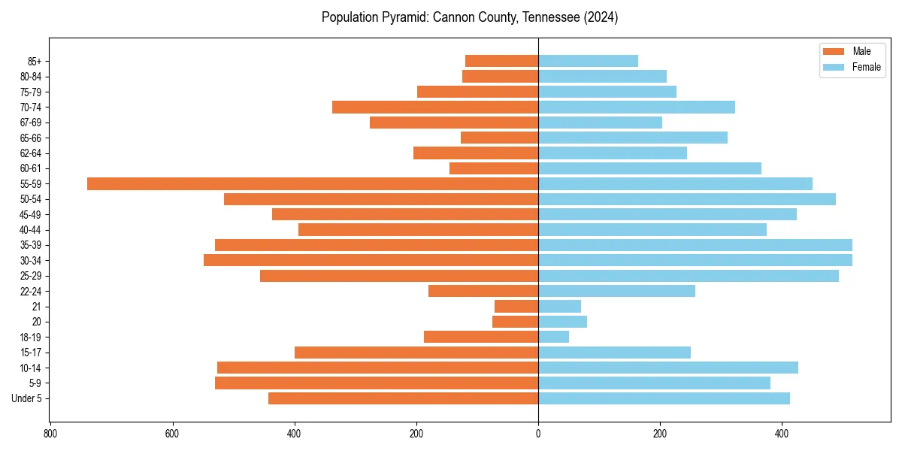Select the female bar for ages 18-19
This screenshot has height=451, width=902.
click(553, 337)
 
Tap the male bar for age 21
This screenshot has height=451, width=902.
click(516, 306)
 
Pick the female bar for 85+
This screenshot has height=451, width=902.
click(588, 61)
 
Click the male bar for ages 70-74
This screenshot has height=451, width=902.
click(435, 107)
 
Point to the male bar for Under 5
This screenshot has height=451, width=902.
click(403, 398)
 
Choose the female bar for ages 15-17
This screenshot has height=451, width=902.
click(614, 353)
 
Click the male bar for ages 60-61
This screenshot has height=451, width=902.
click(494, 168)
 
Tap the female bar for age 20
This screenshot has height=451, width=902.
click(562, 322)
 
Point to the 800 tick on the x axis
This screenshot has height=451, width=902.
click(50, 434)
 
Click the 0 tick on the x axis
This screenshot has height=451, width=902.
click(538, 434)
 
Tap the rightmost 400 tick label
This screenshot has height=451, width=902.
click(782, 434)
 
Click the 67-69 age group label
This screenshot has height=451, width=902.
click(31, 123)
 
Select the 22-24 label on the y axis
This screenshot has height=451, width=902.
click(31, 291)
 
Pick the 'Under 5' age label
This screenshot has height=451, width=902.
click(27, 398)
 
